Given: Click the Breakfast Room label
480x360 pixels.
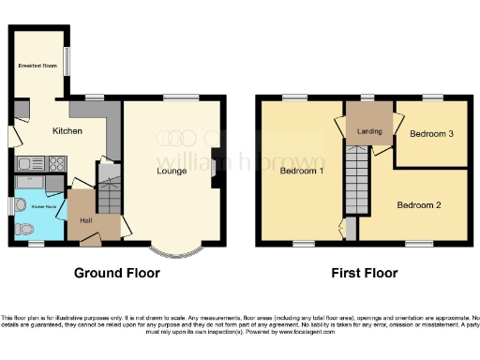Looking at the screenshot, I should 37,66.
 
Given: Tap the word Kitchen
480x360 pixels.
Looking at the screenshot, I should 67,131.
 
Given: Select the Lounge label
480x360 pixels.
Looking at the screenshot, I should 171,171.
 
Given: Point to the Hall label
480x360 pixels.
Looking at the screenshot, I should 86,220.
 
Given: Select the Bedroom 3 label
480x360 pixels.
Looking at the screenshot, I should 432,134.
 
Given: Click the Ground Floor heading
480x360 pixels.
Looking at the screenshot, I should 117,274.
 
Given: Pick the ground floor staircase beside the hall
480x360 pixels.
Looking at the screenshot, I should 111,195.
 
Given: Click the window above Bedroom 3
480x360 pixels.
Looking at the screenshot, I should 432,97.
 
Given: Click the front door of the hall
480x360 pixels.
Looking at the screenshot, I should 91,241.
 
